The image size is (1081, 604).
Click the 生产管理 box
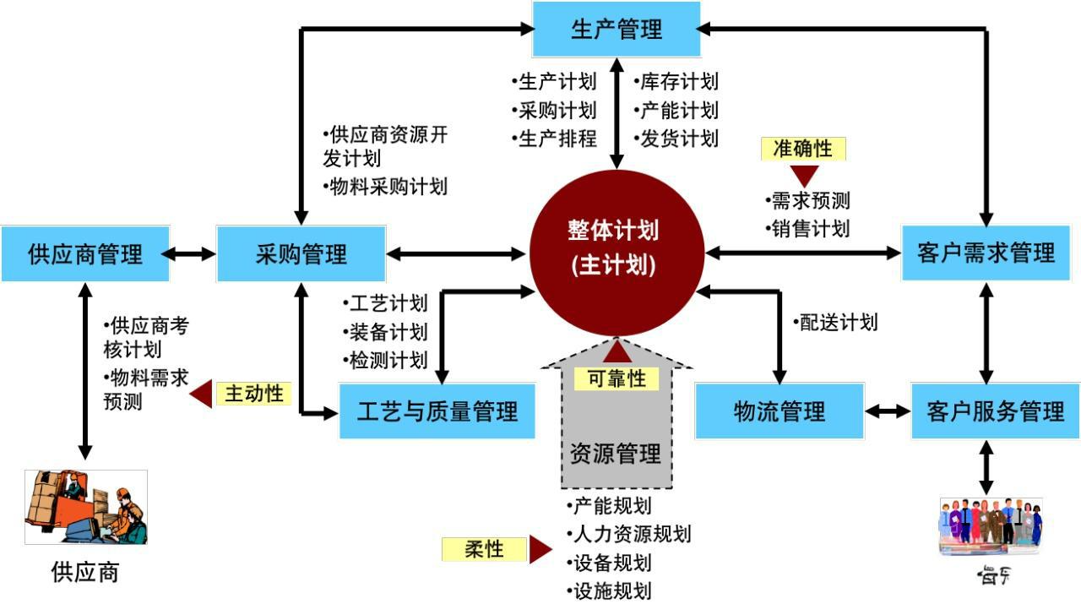click(x=617, y=30)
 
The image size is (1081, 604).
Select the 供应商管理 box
click(x=85, y=253)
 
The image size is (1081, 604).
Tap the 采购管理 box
click(x=301, y=253)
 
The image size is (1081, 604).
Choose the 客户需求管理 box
click(x=986, y=253)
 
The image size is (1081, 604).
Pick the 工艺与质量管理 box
click(x=437, y=411)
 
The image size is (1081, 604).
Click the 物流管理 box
click(x=780, y=411)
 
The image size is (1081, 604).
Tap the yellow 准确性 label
click(x=803, y=149)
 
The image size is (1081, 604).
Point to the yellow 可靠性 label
click(x=617, y=379)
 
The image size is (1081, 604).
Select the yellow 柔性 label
click(x=484, y=549)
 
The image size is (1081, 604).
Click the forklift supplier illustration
click(x=86, y=507)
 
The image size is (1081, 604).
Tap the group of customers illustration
click(x=991, y=525)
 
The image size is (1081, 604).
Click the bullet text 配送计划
click(x=837, y=322)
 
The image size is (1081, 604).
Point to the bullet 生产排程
click(x=555, y=139)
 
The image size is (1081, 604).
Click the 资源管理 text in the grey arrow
click(x=616, y=454)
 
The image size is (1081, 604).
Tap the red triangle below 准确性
click(x=804, y=176)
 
